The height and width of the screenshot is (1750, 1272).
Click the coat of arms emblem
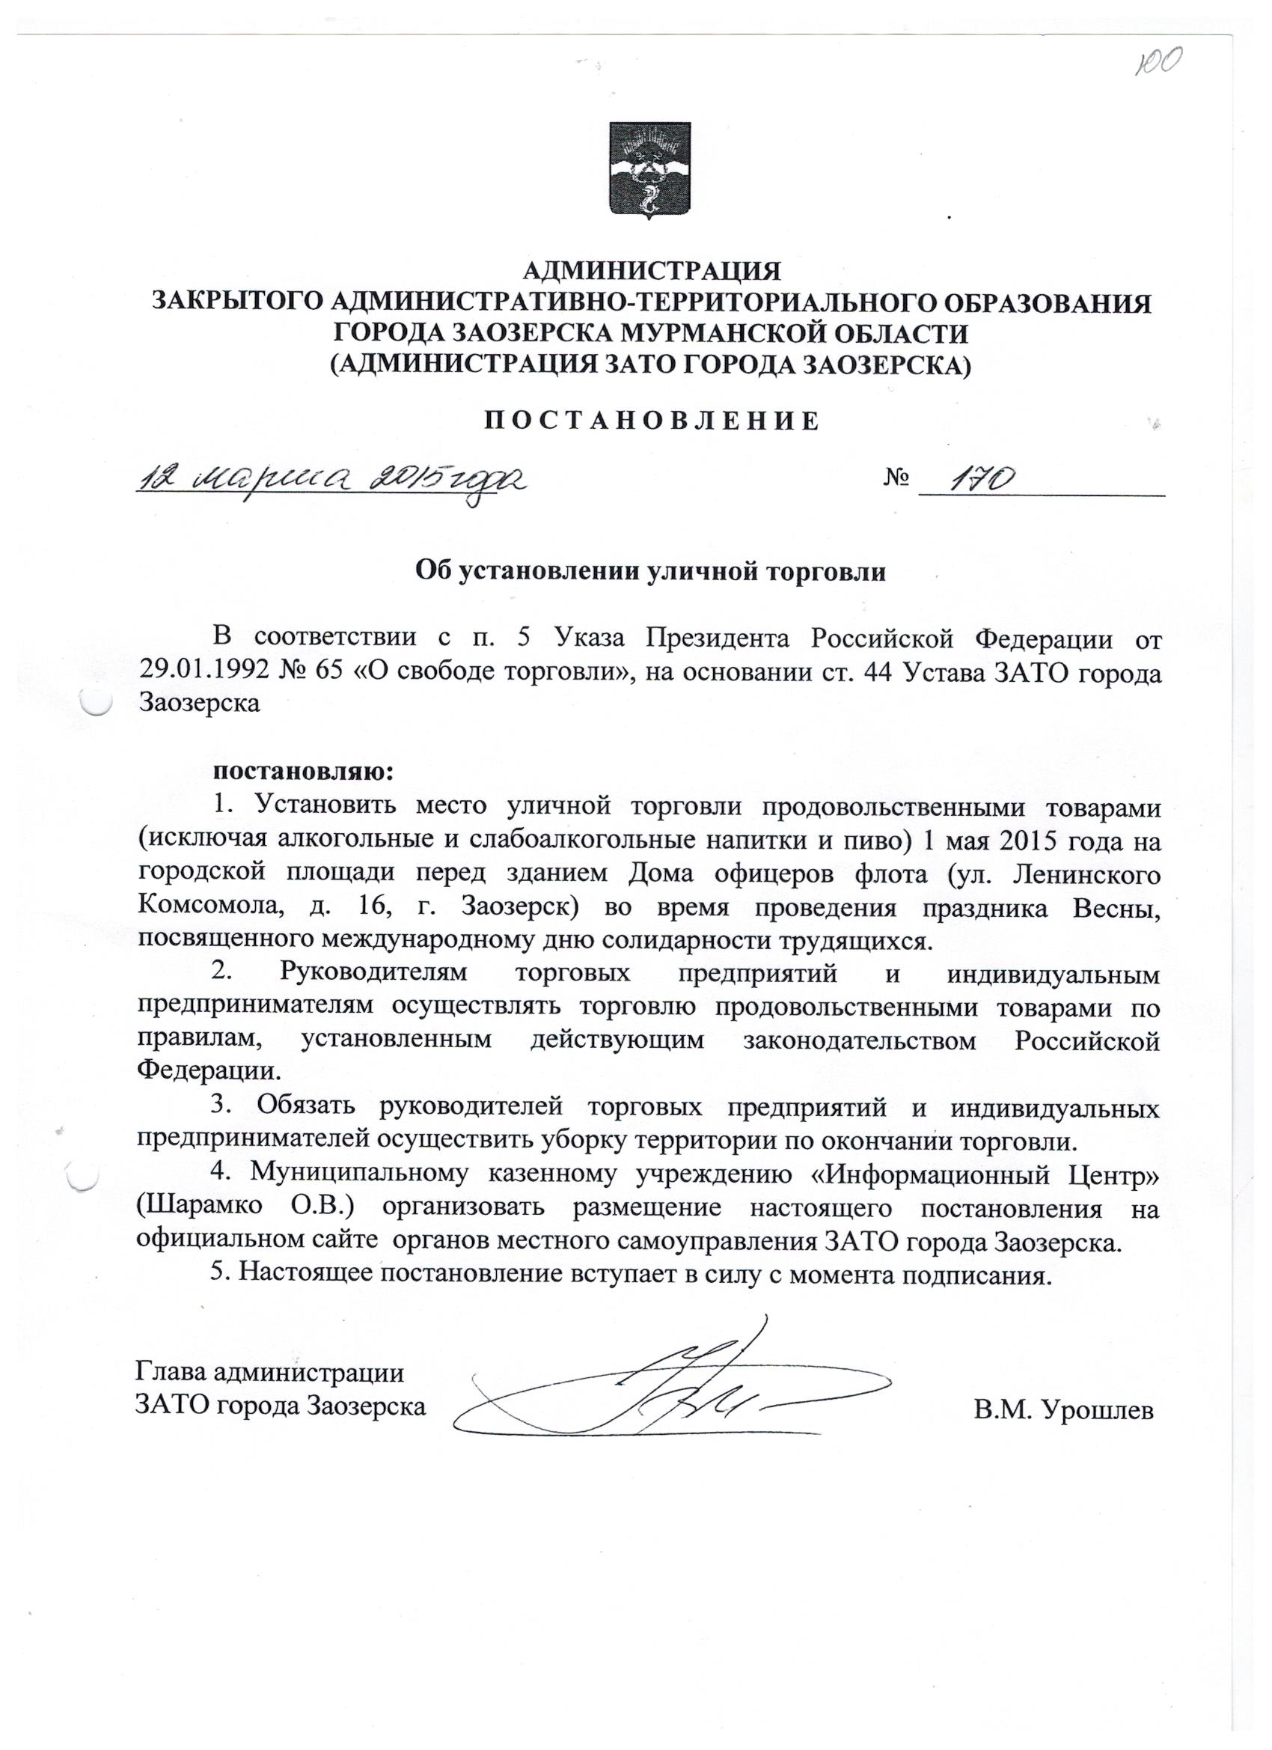tap(649, 168)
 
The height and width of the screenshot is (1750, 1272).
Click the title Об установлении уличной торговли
tap(650, 572)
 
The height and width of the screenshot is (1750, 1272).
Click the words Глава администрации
tap(270, 1373)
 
